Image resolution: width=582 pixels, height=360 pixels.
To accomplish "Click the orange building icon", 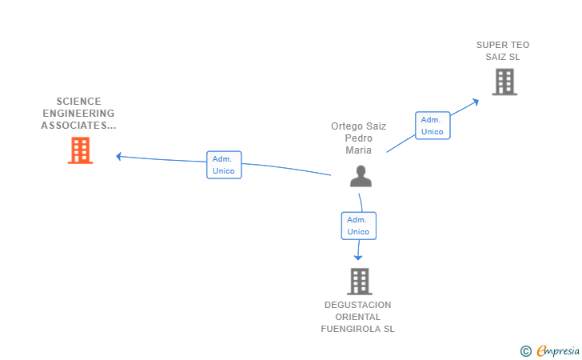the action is (x=80, y=150).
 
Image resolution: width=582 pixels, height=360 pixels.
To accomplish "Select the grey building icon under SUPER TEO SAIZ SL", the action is (x=504, y=82).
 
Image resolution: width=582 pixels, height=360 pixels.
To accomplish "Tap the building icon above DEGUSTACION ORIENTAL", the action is (x=360, y=282).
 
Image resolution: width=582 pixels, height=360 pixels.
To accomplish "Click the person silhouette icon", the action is (x=361, y=176).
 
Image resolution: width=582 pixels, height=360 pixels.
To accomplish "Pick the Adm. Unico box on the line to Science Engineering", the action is (x=224, y=165).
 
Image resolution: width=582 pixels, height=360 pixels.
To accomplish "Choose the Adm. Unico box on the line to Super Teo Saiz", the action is (x=433, y=126).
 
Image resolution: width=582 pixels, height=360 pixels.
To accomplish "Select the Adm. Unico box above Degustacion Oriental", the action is (x=358, y=226).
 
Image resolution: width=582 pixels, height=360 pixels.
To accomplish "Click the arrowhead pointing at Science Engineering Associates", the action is (x=119, y=157).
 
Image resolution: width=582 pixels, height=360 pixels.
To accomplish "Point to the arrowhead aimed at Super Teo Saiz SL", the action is (x=475, y=102).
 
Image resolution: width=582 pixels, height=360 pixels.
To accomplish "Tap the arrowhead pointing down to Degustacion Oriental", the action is (x=358, y=257).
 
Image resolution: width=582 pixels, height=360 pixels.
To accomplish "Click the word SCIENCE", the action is (x=78, y=102).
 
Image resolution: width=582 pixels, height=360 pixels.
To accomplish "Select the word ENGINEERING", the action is (x=78, y=114).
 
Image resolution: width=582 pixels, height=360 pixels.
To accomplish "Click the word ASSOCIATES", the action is (x=74, y=126).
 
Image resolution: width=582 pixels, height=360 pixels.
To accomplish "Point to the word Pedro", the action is (x=358, y=138).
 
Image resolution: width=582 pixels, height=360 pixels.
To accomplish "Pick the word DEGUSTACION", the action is (x=358, y=305).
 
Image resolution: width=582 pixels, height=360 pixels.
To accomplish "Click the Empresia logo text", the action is (x=558, y=351).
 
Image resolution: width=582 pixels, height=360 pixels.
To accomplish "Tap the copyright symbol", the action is (x=526, y=351).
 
